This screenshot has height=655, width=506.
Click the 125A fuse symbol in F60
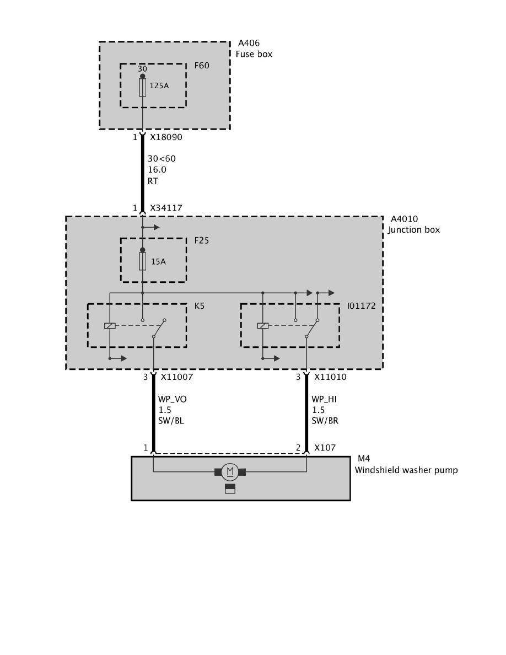[142, 87]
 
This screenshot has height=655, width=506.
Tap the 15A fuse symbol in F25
[142, 261]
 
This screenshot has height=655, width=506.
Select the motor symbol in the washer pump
[230, 471]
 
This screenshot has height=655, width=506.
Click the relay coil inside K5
[110, 325]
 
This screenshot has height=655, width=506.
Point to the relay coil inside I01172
[263, 325]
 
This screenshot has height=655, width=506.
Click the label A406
[249, 43]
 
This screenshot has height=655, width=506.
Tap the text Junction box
[414, 230]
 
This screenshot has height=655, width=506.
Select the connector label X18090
[166, 137]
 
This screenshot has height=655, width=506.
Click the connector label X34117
[166, 208]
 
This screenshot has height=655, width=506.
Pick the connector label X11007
[176, 377]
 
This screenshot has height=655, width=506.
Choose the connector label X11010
[330, 377]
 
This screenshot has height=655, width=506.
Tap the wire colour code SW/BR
[325, 421]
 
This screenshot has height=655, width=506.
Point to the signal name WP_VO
[172, 399]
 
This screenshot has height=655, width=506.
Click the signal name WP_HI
[324, 399]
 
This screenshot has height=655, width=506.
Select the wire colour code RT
[153, 180]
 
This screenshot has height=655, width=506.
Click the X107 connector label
[325, 448]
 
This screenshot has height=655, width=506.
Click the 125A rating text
[159, 85]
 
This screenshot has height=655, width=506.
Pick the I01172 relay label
[362, 305]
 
